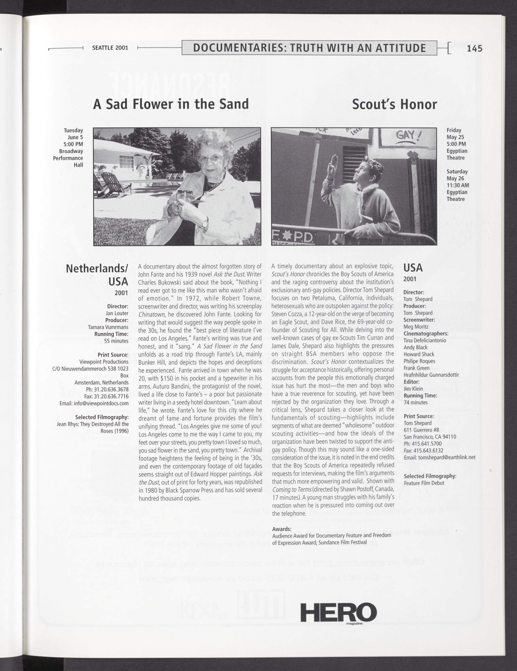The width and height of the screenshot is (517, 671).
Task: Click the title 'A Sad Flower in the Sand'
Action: [171, 104]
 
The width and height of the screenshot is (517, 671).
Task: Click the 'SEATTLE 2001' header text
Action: [110, 48]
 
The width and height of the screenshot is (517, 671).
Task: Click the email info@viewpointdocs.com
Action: [94, 403]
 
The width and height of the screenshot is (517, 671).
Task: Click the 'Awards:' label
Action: [282, 529]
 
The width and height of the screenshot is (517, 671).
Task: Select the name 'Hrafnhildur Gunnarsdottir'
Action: [431, 375]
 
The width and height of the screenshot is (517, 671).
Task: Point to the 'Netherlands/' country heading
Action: [97, 268]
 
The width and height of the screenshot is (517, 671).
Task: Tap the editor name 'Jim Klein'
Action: [413, 389]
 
